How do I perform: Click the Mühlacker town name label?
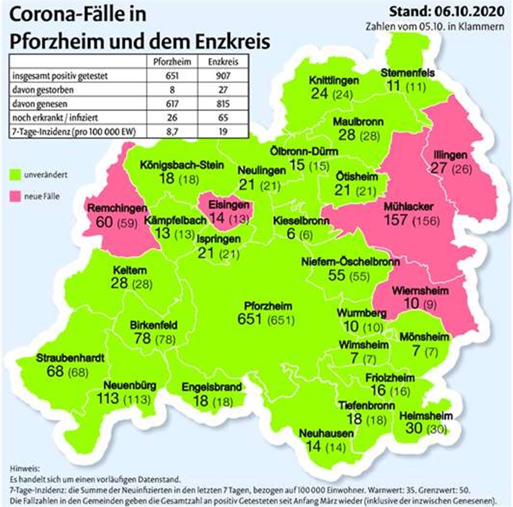(x=409, y=206)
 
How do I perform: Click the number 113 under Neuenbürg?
(x=109, y=399)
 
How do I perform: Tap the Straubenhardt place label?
(x=70, y=359)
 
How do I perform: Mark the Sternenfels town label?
(x=407, y=73)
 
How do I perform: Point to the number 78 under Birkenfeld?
(x=143, y=338)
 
